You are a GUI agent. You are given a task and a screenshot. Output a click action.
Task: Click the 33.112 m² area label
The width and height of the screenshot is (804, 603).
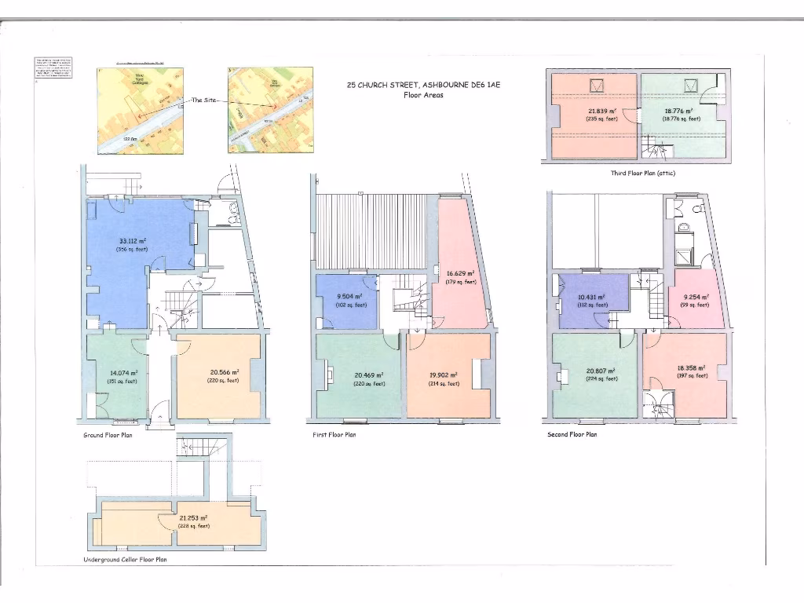[x=132, y=241]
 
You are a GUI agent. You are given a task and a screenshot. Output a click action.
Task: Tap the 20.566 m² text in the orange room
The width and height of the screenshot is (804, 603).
[x=223, y=372]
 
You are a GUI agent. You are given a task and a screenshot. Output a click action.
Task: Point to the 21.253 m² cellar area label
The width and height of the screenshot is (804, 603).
[x=193, y=518]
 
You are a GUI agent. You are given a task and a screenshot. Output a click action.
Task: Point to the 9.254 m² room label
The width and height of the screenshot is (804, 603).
[x=695, y=297]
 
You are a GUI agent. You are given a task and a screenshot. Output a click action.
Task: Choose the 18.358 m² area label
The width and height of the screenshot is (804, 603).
[x=692, y=367]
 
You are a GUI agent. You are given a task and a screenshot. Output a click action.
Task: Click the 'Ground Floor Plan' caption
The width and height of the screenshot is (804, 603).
[x=108, y=434]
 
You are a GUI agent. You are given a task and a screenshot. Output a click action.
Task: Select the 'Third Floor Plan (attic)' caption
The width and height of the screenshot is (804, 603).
[x=642, y=172]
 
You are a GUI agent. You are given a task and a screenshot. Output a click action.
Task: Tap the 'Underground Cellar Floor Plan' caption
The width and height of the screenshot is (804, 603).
[x=125, y=560]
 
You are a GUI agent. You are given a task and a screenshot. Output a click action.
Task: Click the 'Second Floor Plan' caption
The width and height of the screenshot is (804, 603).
[x=572, y=434]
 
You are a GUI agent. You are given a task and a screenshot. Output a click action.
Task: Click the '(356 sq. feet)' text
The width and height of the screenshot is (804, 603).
[x=132, y=249]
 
